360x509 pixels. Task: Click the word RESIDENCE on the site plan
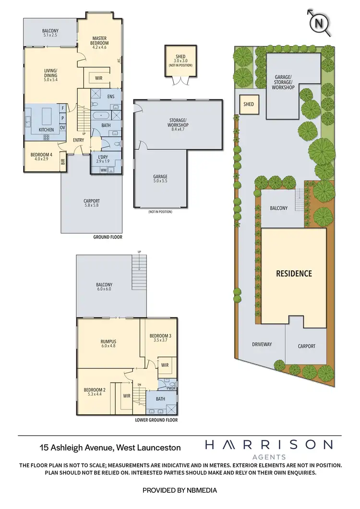[294, 274]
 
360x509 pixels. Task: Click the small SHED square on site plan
[249, 104]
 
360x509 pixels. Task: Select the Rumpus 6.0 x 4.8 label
[108, 344]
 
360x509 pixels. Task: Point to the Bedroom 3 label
[157, 337]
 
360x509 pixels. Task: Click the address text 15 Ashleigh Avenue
[110, 448]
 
